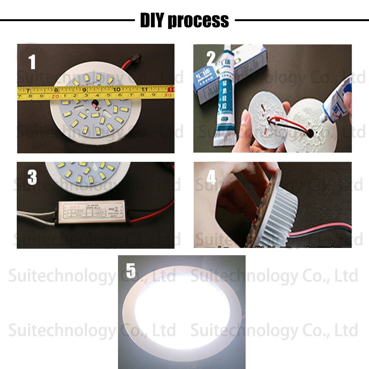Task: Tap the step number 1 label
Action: coord(32,62)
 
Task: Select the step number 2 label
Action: coord(211,59)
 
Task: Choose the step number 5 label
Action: coord(131,271)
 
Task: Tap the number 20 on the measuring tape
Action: coord(55,96)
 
